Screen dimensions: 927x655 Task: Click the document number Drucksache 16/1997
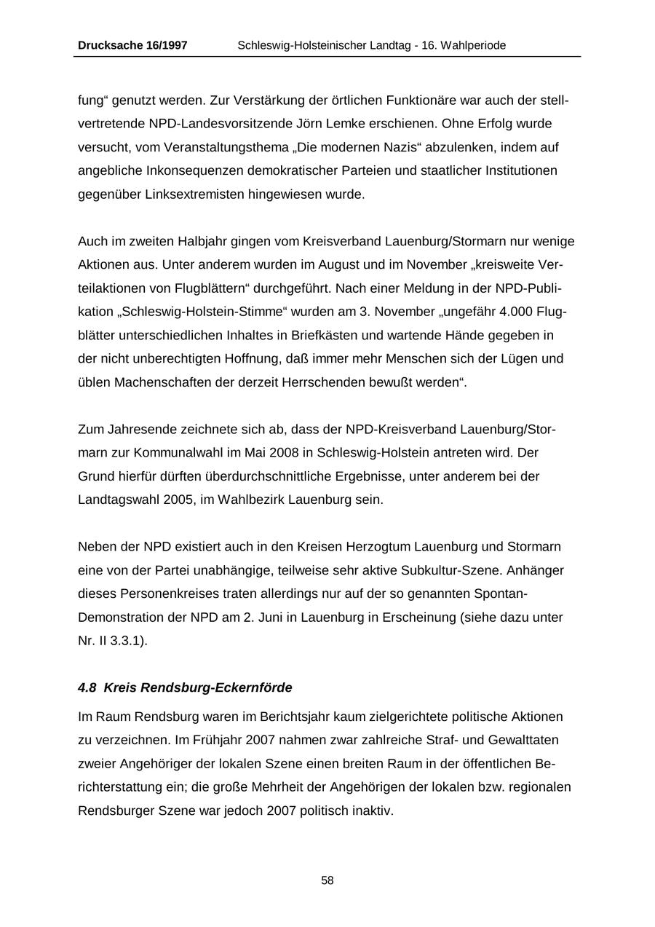coord(132,45)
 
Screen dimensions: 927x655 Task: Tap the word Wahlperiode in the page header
coord(473,45)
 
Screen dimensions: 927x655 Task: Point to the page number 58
coord(327,880)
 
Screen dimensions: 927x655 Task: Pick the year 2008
coord(283,452)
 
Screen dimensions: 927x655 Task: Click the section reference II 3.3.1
coord(121,641)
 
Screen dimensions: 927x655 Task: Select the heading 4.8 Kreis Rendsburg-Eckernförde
coord(185,687)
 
